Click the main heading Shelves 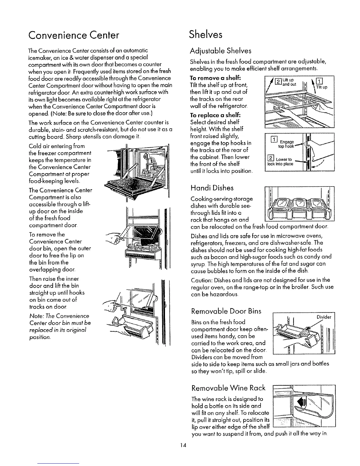click(x=206, y=34)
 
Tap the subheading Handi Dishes click(x=212, y=188)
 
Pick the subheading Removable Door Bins click(x=226, y=311)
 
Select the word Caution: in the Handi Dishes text click(x=202, y=279)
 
